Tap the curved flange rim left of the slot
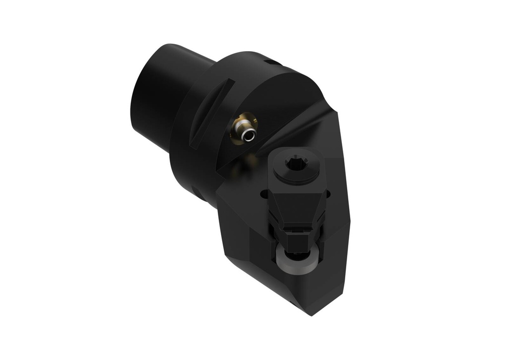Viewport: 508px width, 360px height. point(184,129)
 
